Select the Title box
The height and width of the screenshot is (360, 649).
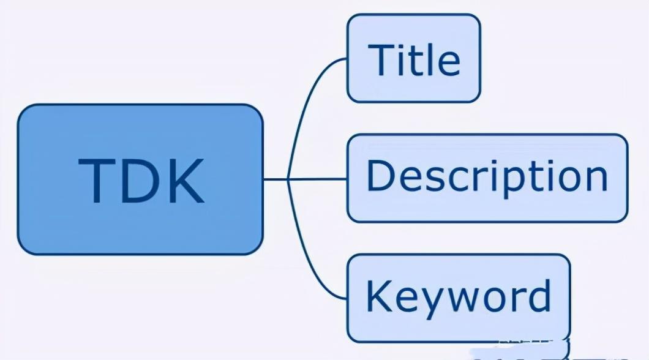click(x=413, y=58)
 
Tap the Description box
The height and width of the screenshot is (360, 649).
click(x=487, y=178)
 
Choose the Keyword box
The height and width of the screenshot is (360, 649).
click(x=458, y=298)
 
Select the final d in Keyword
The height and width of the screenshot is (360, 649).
click(x=538, y=295)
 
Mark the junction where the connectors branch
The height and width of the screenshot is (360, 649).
click(x=288, y=179)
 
